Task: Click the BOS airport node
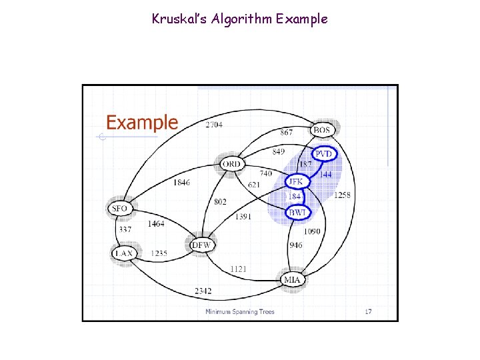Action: pos(322,129)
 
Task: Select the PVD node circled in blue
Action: pos(324,154)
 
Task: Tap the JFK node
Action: pos(295,181)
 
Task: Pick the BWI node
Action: pos(297,212)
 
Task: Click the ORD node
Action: pos(231,163)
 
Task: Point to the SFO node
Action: pos(119,209)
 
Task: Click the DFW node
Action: pos(201,245)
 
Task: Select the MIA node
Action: pos(292,279)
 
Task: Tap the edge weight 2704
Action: pos(214,125)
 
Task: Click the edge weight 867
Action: pos(286,133)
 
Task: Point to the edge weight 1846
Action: pos(181,182)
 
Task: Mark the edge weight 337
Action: pos(125,229)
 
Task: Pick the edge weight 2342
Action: pos(203,291)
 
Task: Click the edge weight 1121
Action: pos(238,268)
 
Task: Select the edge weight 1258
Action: pos(343,195)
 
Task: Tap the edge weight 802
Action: pos(220,201)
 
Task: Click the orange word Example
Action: pos(142,123)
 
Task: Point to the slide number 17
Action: pos(368,311)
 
